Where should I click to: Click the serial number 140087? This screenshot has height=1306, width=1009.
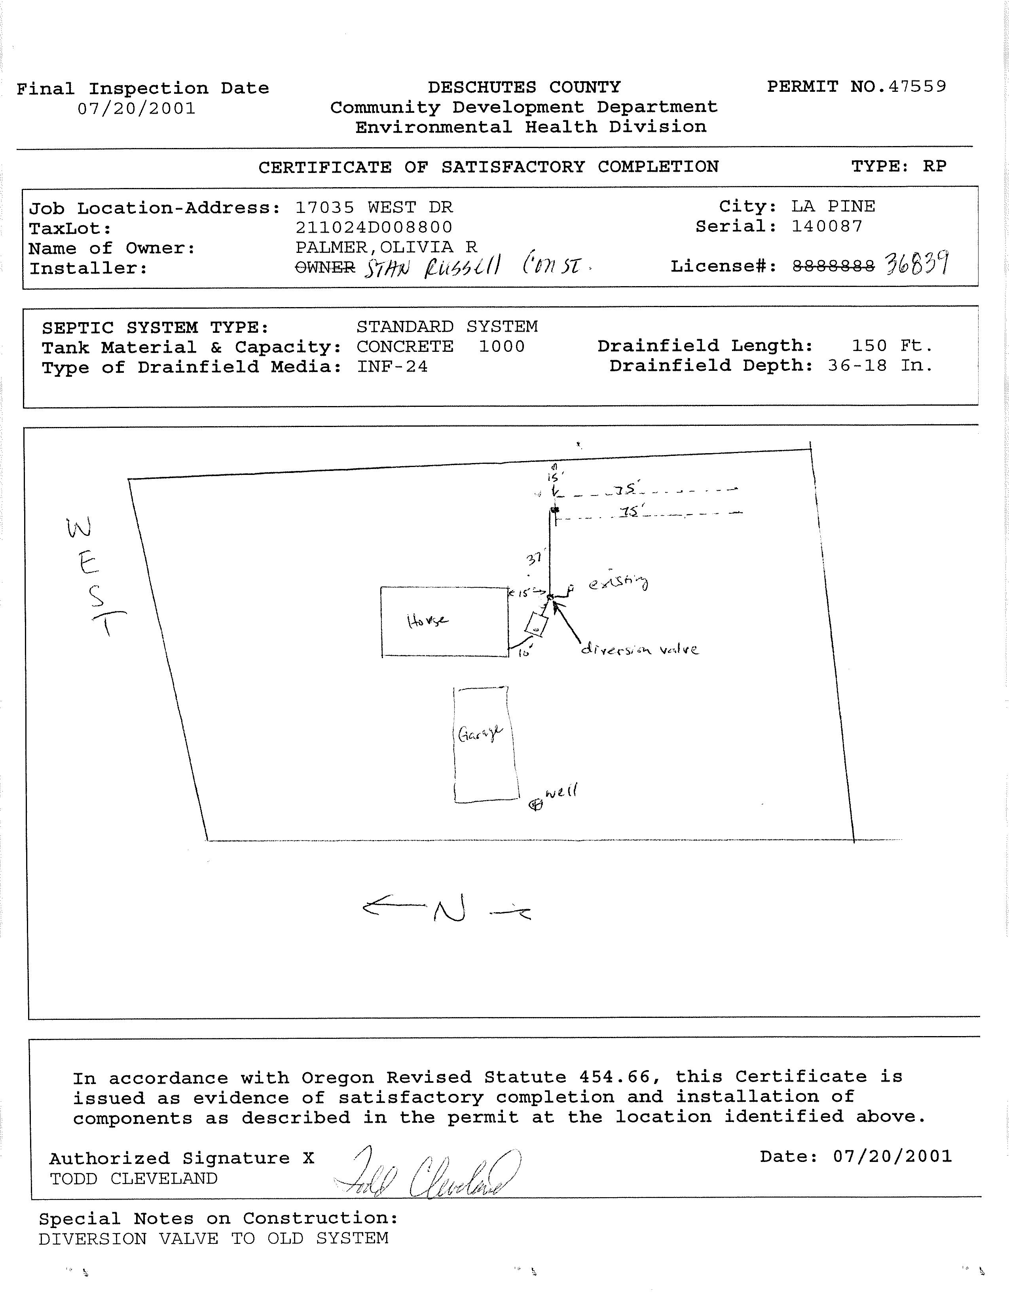(x=827, y=226)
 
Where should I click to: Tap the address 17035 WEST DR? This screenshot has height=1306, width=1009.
(x=374, y=207)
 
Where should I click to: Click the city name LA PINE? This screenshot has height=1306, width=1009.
(x=833, y=206)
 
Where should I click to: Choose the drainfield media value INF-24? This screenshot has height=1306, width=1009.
(x=392, y=366)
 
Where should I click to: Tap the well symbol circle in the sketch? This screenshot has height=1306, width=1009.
(x=536, y=805)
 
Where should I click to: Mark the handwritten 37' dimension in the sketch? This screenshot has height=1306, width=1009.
(x=534, y=558)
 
